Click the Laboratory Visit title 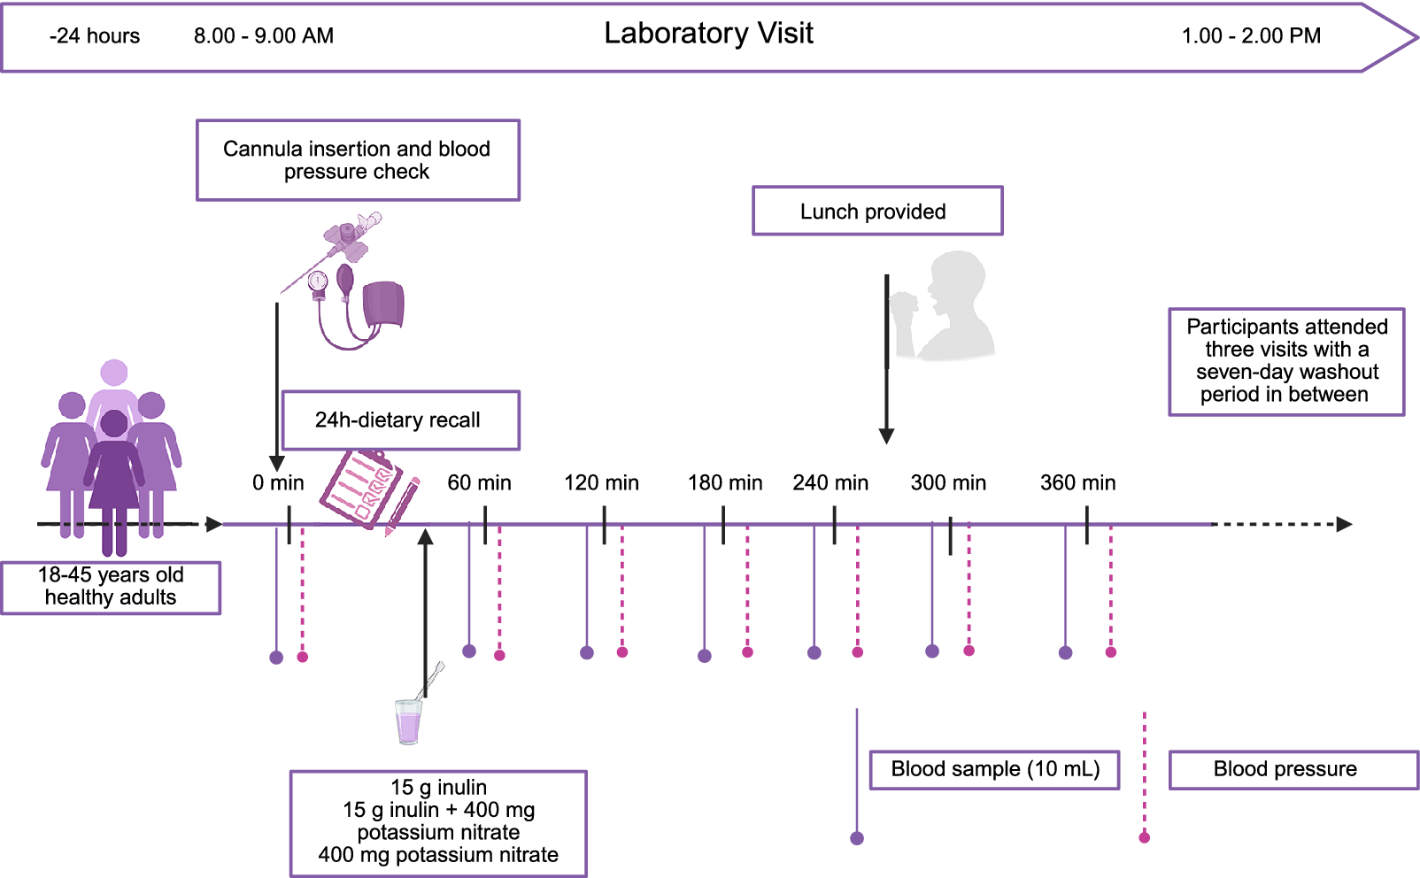pyautogui.click(x=708, y=33)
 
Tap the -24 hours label pyautogui.click(x=95, y=35)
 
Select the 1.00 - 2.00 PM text pyautogui.click(x=1251, y=35)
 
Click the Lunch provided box pyautogui.click(x=877, y=211)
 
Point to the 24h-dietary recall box pyautogui.click(x=401, y=420)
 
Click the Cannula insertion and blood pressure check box pyautogui.click(x=359, y=159)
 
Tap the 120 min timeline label pyautogui.click(x=602, y=482)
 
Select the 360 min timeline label pyautogui.click(x=1077, y=482)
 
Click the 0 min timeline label pyautogui.click(x=278, y=482)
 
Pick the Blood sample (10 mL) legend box pyautogui.click(x=995, y=770)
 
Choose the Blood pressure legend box pyautogui.click(x=1293, y=770)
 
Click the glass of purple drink pyautogui.click(x=409, y=721)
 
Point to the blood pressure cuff pyautogui.click(x=383, y=304)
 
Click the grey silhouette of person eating pyautogui.click(x=943, y=306)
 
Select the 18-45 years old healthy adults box pyautogui.click(x=111, y=588)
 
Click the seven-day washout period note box pyautogui.click(x=1287, y=361)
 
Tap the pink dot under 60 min pyautogui.click(x=499, y=656)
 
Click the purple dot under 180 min pyautogui.click(x=705, y=656)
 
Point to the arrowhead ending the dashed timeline pyautogui.click(x=1345, y=524)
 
